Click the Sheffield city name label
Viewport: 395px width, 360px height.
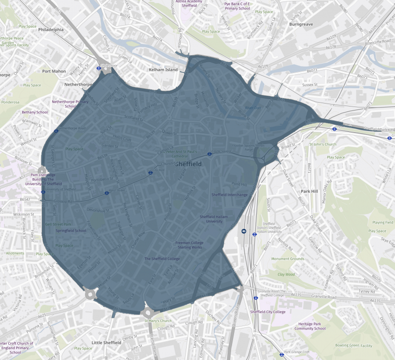[x=188, y=164]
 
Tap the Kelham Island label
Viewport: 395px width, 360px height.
[x=163, y=70]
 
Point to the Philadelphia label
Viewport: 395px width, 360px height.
[x=51, y=30]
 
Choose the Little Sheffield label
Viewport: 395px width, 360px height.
[x=106, y=342]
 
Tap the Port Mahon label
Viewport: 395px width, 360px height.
[x=54, y=71]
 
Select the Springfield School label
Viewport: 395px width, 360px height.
[x=71, y=230]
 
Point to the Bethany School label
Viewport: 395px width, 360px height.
[x=35, y=112]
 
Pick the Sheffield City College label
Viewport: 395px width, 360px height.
[x=268, y=312]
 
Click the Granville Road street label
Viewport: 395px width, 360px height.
[x=324, y=297]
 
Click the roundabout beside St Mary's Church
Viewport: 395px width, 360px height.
[x=148, y=312]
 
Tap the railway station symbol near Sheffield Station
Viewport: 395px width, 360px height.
[x=244, y=231]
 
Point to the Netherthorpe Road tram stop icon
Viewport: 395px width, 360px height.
[x=56, y=131]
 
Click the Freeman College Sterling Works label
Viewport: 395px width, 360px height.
[x=190, y=245]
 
